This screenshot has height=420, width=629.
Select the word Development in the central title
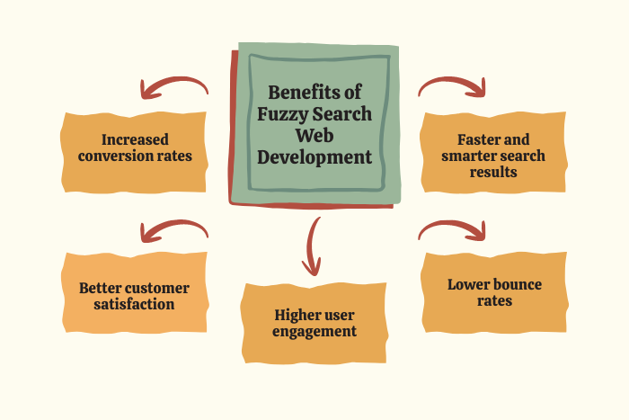click(x=314, y=156)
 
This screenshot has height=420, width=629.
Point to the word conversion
click(x=117, y=156)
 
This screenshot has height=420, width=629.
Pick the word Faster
click(x=473, y=139)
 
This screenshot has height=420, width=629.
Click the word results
click(x=493, y=172)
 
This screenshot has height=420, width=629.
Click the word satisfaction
click(x=135, y=304)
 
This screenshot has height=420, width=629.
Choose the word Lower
click(x=468, y=285)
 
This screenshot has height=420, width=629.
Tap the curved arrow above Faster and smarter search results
click(x=452, y=85)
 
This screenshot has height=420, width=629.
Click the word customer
click(x=160, y=288)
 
